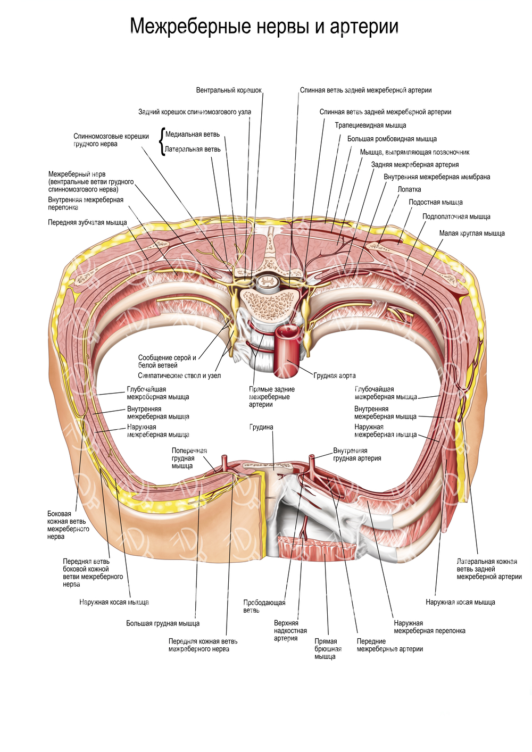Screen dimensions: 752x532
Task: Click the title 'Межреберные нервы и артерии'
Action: [264, 26]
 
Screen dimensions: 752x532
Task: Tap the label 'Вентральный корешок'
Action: [229, 90]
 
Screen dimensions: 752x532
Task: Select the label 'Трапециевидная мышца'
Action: [370, 126]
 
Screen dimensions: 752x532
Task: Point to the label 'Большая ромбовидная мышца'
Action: [392, 139]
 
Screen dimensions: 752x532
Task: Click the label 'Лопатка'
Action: [409, 189]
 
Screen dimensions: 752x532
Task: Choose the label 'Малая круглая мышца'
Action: [472, 233]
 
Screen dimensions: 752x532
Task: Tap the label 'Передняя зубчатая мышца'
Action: [87, 222]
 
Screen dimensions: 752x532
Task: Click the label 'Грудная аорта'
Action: [335, 375]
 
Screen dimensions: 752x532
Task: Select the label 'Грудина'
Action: [261, 427]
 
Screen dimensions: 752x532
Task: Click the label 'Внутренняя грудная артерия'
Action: [357, 454]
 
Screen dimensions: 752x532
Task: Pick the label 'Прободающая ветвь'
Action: [264, 606]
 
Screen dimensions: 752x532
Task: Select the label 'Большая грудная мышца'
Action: [163, 623]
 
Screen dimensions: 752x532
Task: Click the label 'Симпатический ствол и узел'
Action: [179, 375]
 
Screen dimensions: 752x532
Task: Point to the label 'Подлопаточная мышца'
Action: [456, 216]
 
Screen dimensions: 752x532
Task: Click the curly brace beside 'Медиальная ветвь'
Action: [162, 141]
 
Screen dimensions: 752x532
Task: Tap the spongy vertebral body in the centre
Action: [265, 304]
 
